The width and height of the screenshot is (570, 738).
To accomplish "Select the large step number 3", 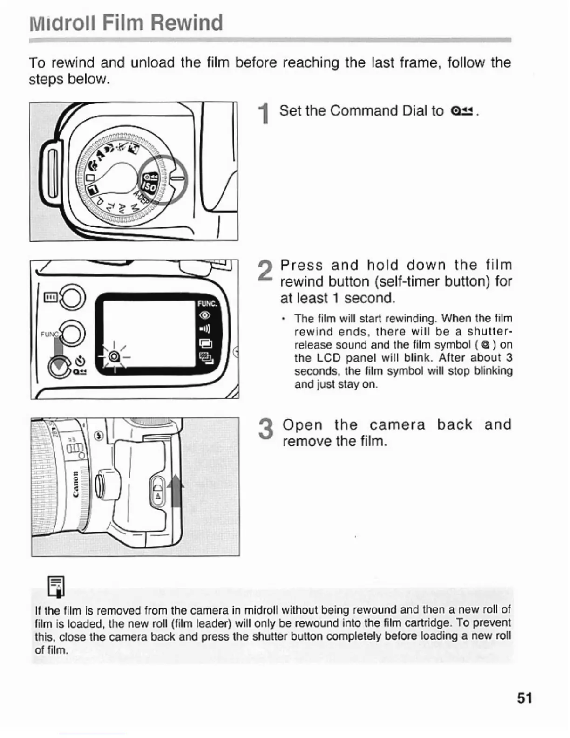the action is tap(265, 429).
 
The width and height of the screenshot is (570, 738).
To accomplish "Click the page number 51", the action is tap(524, 698).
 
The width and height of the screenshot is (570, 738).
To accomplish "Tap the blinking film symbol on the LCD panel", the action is tap(113, 358).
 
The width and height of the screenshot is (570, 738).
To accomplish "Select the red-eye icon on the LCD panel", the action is tap(205, 316).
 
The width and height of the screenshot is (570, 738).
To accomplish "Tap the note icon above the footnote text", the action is tap(56, 586).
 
